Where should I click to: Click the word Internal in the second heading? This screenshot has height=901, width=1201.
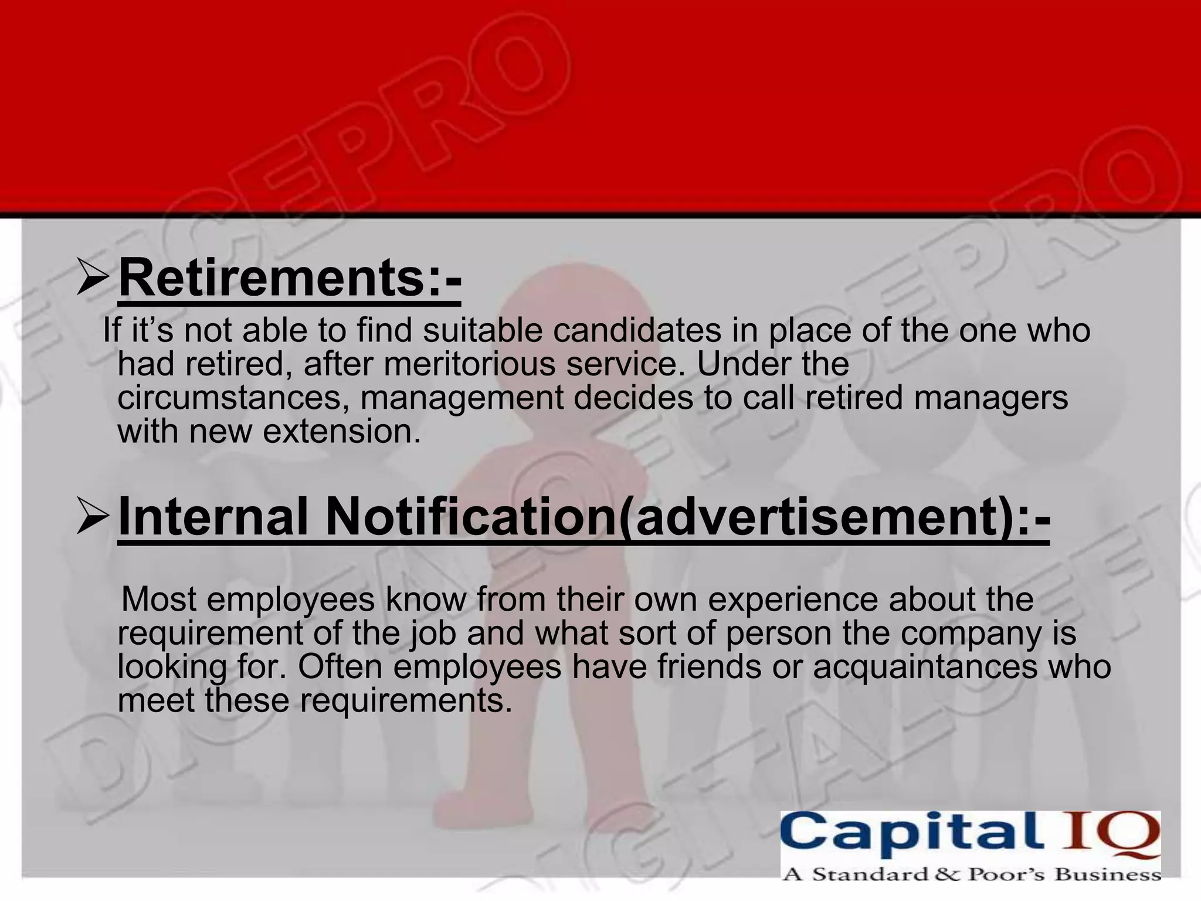212,517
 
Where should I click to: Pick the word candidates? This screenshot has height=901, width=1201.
636,330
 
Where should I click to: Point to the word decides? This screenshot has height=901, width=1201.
633,398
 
